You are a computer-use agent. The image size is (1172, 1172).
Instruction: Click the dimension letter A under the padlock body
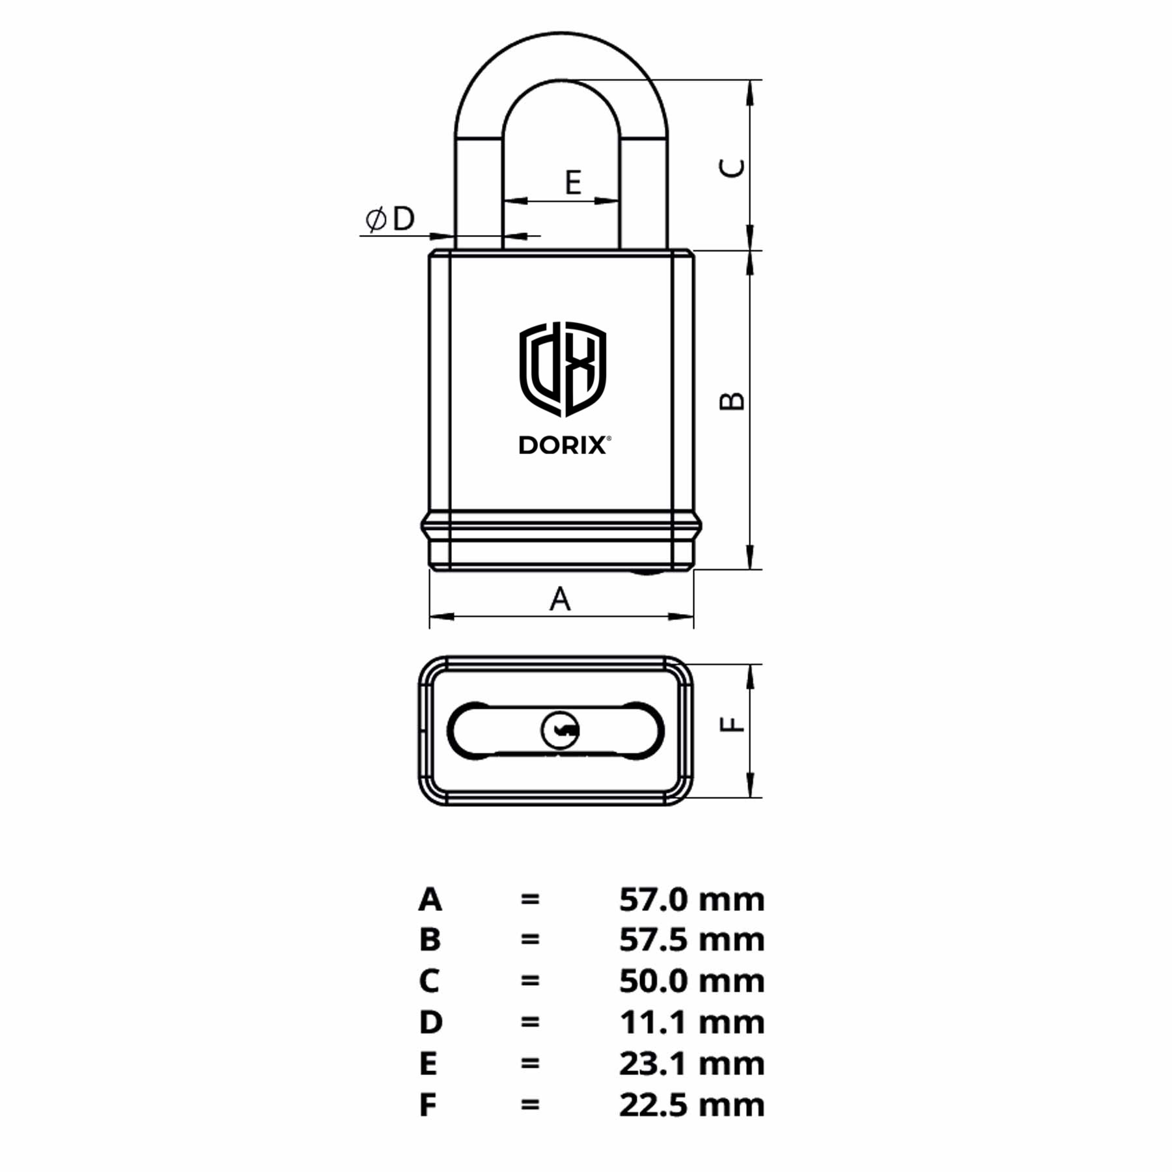point(560,598)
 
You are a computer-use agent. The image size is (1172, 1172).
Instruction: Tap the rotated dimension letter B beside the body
point(732,400)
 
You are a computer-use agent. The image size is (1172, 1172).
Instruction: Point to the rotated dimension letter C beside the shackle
point(732,168)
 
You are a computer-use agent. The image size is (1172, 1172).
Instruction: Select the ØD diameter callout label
point(390,219)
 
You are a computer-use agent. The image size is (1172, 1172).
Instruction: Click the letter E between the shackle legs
point(573,182)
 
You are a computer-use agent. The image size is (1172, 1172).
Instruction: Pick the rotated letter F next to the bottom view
point(732,724)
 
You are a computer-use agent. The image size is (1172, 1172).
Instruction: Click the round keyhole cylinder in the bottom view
point(560,730)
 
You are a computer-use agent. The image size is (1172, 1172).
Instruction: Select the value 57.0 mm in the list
point(691,900)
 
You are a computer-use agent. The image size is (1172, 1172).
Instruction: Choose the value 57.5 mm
point(691,940)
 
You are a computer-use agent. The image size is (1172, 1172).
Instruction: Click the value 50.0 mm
point(691,981)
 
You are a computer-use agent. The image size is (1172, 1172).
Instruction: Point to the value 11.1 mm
point(691,1022)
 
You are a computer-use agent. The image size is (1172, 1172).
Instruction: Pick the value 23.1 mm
point(691,1063)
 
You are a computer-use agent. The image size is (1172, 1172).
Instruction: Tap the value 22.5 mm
point(691,1105)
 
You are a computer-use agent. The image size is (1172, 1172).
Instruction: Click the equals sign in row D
point(530,1022)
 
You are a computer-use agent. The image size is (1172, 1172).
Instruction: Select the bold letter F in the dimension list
point(428,1105)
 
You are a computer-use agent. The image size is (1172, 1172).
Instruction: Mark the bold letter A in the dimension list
point(430,900)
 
